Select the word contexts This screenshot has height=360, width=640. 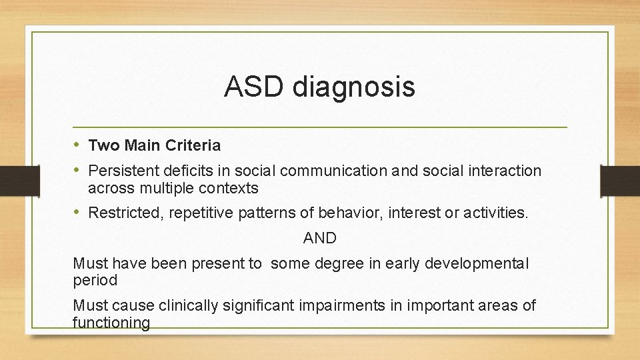pos(229,188)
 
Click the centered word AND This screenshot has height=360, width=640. pos(320,238)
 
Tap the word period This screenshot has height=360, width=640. pos(95,281)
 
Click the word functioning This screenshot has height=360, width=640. pos(111,323)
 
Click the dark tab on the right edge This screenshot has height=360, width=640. pos(619,180)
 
